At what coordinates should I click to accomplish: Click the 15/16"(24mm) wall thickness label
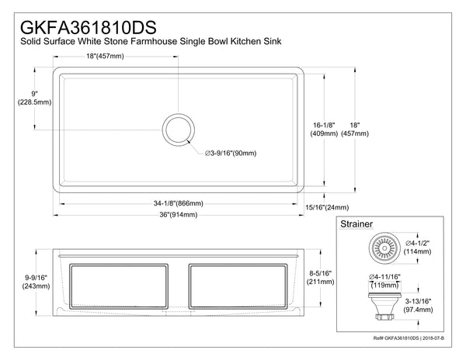pyautogui.click(x=326, y=207)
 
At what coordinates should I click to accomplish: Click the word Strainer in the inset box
pyautogui.click(x=357, y=224)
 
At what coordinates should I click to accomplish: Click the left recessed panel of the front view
pyautogui.click(x=120, y=289)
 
